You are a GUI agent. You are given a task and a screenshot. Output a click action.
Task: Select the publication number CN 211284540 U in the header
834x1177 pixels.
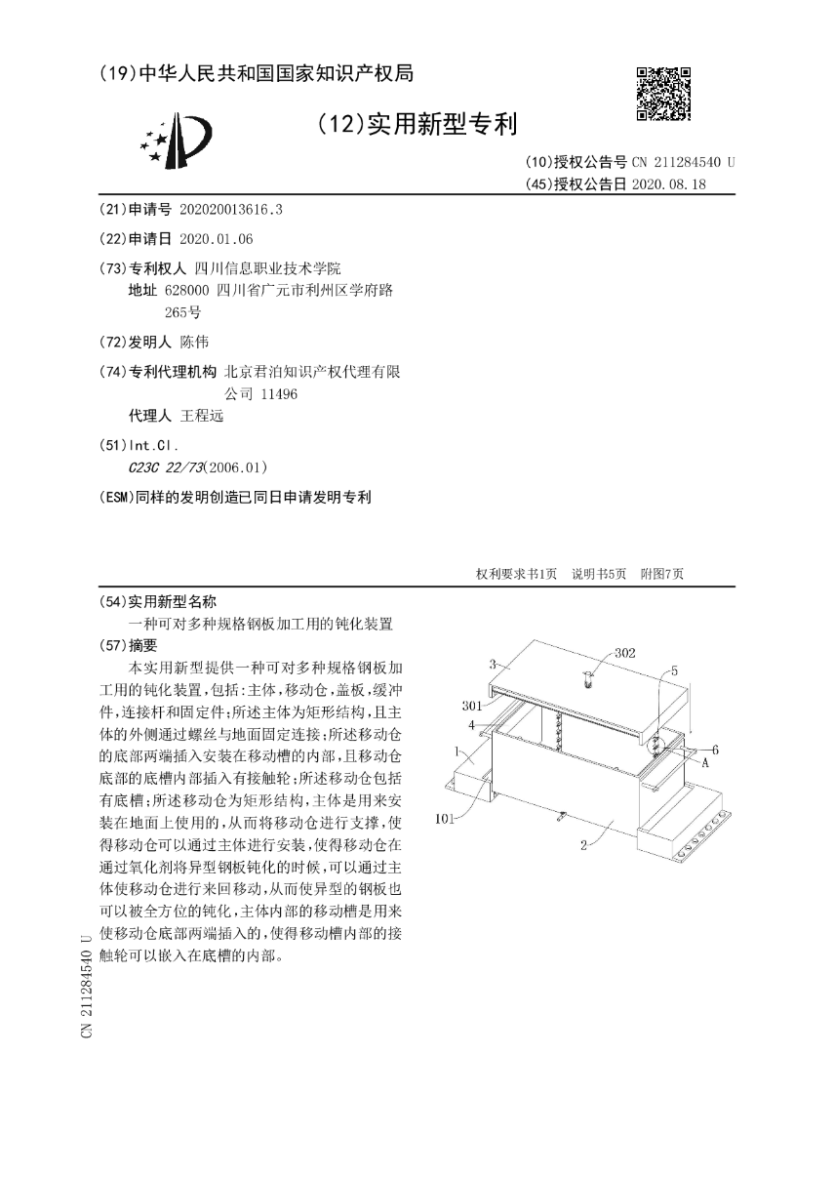pos(683,163)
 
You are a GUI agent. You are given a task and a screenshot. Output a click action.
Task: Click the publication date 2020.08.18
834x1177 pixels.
pos(668,183)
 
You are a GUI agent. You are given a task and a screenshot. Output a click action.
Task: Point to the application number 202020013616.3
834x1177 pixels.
pos(231,210)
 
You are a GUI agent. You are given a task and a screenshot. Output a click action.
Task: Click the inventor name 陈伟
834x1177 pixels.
pos(194,342)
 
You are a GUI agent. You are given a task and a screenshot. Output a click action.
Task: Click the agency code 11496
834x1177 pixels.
pos(278,393)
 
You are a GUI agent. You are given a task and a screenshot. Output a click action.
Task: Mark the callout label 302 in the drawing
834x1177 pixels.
pos(624,653)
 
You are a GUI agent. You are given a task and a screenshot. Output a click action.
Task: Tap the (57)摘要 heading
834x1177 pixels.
pos(136,645)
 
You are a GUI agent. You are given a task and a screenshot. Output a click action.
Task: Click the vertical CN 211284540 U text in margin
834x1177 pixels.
pos(87,985)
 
